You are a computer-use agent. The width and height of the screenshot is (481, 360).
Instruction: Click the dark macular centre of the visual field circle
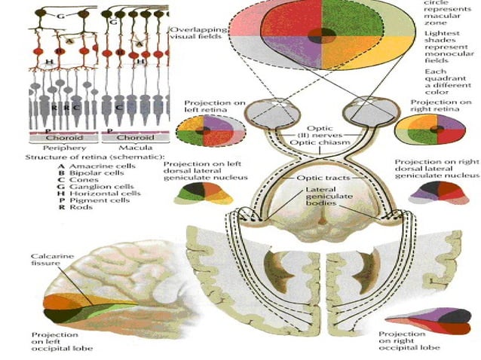(x=323, y=35)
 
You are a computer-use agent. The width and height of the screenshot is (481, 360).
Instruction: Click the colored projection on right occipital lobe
(x=438, y=320)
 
